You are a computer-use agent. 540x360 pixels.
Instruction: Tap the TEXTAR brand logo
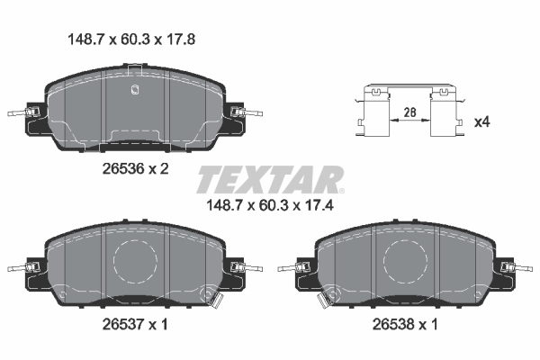269,178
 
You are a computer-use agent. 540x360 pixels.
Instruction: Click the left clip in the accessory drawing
374,112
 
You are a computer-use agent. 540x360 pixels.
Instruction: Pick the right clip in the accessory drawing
443,112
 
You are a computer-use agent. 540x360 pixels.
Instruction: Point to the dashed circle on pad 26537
136,261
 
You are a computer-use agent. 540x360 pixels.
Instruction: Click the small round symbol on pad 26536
133,89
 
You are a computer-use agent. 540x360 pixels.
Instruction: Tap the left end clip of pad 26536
27,113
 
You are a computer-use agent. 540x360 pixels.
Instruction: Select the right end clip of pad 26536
241,113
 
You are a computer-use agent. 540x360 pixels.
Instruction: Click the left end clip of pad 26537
27,267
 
